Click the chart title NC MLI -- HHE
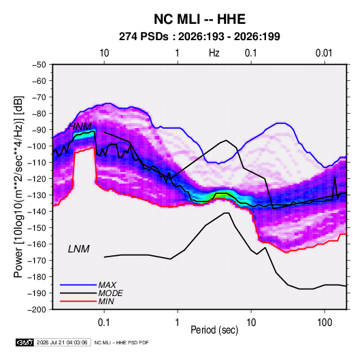[x=199, y=19]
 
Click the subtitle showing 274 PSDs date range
[x=199, y=37]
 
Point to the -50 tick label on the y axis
[x=39, y=65]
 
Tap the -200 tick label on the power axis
[x=37, y=310]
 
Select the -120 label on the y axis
[x=37, y=179]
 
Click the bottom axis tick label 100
[x=325, y=323]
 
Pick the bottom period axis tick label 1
[x=178, y=323]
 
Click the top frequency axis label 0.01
[x=324, y=53]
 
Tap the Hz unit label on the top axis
[x=214, y=53]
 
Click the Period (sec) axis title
[x=214, y=330]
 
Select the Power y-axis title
[x=18, y=186]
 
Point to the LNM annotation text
[x=79, y=249]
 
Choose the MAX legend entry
[x=107, y=285]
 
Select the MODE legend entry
[x=110, y=293]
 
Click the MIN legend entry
[x=106, y=301]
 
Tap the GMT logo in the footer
[x=25, y=342]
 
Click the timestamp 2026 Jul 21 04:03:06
[x=62, y=342]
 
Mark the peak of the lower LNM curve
[x=227, y=213]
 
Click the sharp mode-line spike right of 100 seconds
[x=335, y=178]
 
